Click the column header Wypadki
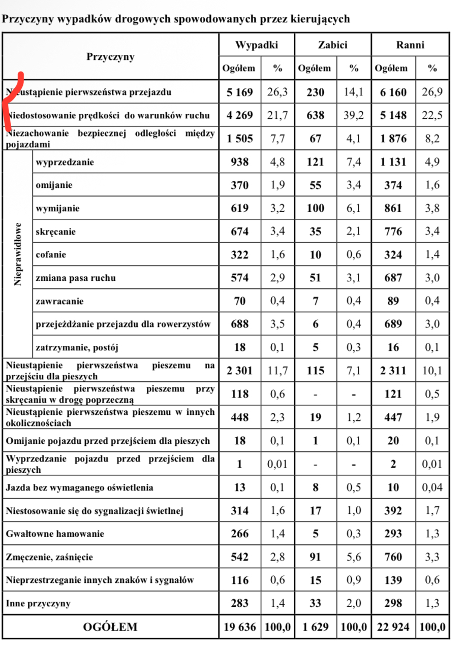pos(257,45)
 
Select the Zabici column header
pos(332,45)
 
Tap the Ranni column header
pos(410,45)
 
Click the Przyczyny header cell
pos(110,56)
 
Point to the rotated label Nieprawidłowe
pos(18,254)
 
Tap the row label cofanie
pos(51,254)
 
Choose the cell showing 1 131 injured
pos(393,162)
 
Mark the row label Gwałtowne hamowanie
pos(55,534)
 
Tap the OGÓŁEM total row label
pos(110,627)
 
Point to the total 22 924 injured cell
pos(393,627)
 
